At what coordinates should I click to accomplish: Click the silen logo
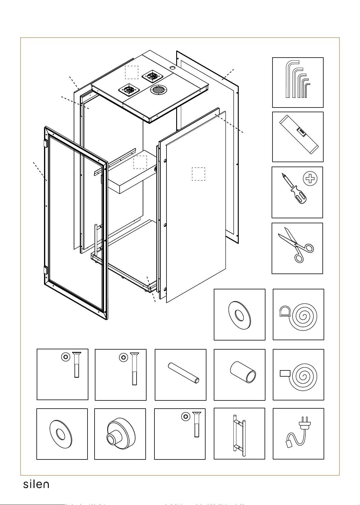click(36, 484)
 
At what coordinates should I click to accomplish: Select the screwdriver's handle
click(299, 195)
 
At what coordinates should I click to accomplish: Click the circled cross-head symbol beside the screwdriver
click(310, 179)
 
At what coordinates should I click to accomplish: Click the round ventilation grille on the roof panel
click(158, 89)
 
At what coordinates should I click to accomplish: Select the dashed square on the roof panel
click(132, 72)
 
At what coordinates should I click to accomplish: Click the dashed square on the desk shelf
click(140, 162)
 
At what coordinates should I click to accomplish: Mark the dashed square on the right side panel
click(198, 174)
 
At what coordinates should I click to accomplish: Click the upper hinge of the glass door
click(46, 144)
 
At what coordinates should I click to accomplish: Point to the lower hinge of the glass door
click(46, 271)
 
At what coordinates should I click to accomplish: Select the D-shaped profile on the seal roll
click(284, 311)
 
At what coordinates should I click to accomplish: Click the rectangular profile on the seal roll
click(285, 373)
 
